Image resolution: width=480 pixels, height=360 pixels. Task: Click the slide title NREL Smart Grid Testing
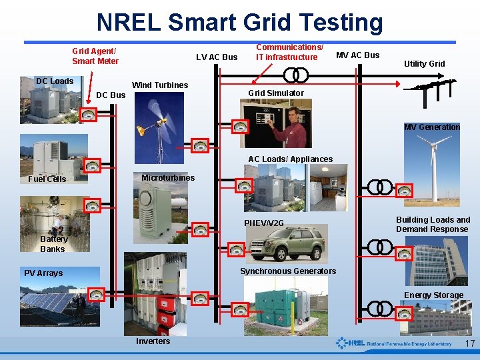click(x=240, y=22)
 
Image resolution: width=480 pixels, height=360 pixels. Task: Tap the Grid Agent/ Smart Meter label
click(x=95, y=56)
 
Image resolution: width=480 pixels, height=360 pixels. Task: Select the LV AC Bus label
click(x=217, y=57)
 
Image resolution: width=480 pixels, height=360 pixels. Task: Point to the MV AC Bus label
click(x=357, y=55)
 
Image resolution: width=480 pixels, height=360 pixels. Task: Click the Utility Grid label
click(x=425, y=64)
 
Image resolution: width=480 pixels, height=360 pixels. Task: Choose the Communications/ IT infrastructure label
click(x=289, y=52)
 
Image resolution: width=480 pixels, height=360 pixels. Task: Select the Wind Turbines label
click(x=160, y=85)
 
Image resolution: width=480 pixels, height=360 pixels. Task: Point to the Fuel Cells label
click(x=47, y=179)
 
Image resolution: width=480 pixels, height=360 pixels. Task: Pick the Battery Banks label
click(x=53, y=244)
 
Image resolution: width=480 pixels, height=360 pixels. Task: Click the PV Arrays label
click(x=43, y=273)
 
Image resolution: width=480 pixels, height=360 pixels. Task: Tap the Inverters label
click(x=153, y=341)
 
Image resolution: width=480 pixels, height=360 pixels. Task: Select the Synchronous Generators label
click(x=288, y=271)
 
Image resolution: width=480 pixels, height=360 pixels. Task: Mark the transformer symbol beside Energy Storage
click(x=380, y=308)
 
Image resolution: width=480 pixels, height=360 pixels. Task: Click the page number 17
click(x=469, y=344)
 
